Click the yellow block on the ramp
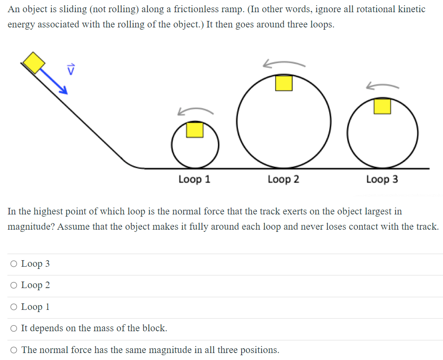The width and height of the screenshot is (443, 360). pyautogui.click(x=34, y=62)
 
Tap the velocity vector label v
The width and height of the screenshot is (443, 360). pyautogui.click(x=71, y=68)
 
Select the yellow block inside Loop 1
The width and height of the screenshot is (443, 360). pyautogui.click(x=195, y=130)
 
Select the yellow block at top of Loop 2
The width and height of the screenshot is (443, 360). pyautogui.click(x=283, y=83)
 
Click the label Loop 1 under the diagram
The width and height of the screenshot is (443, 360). pyautogui.click(x=194, y=179)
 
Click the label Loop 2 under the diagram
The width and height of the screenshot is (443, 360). pyautogui.click(x=283, y=179)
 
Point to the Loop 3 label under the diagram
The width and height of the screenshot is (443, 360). pyautogui.click(x=382, y=179)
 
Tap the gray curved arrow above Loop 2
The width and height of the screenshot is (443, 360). pyautogui.click(x=283, y=64)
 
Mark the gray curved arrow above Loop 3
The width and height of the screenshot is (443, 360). pyautogui.click(x=382, y=85)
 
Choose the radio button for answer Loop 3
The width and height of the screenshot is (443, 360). pyautogui.click(x=14, y=264)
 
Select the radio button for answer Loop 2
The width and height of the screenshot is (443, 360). pyautogui.click(x=14, y=285)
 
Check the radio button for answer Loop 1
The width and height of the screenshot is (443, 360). pyautogui.click(x=14, y=307)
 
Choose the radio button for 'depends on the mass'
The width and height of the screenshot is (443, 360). pyautogui.click(x=14, y=328)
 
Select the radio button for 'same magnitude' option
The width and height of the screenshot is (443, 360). pyautogui.click(x=14, y=350)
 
